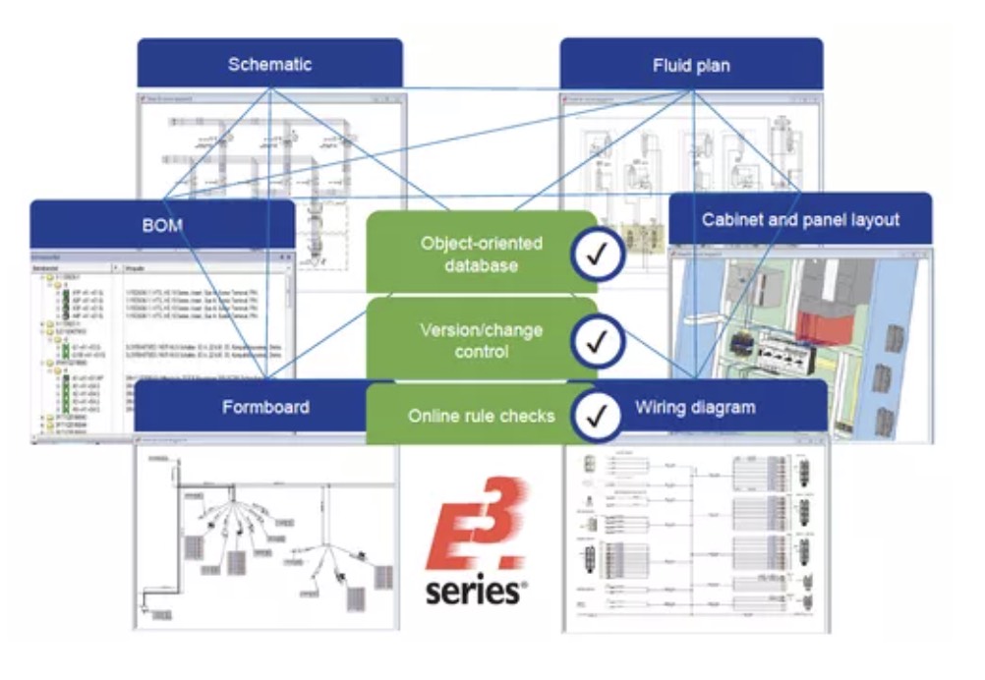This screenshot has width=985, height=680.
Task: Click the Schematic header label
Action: pos(269,65)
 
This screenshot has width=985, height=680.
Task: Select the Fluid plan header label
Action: pos(691,66)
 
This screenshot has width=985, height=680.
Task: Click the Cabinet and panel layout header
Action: pos(800,219)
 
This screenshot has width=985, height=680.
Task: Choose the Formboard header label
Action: pos(264,407)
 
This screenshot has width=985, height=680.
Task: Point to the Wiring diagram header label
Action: pos(695,406)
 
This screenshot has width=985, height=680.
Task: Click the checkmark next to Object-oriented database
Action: pos(597,255)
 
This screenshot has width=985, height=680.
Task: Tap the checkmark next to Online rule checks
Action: pos(597,415)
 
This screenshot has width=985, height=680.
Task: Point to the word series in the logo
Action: pos(474,591)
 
